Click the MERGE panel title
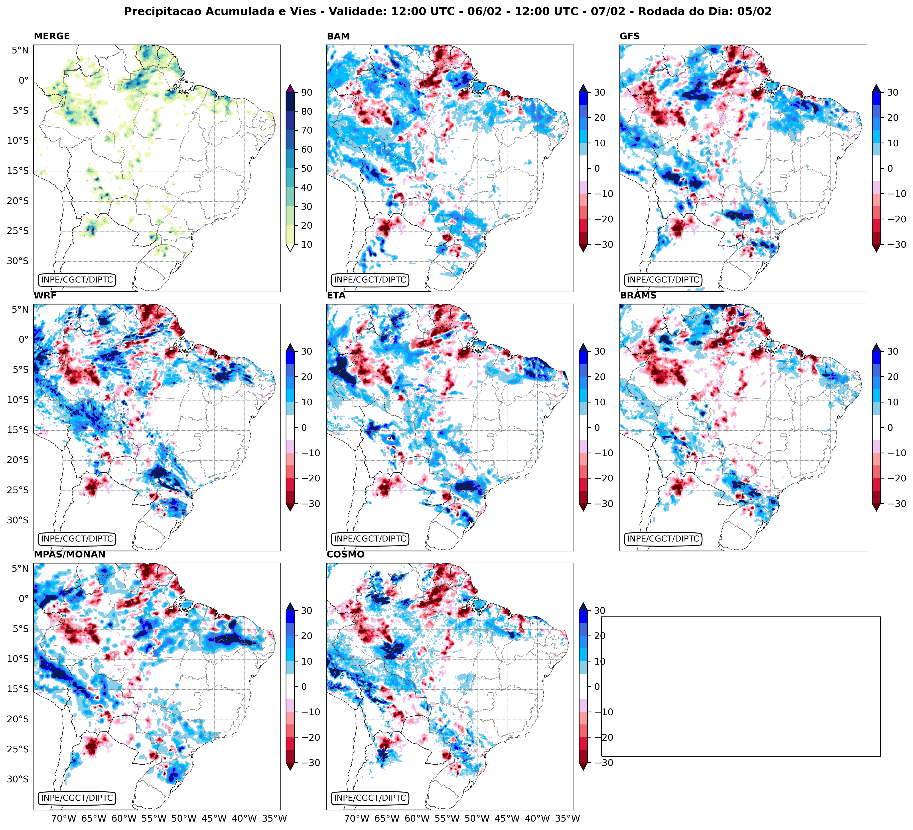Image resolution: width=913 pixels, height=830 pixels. tap(52, 36)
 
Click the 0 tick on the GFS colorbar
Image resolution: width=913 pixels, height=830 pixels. tap(890, 168)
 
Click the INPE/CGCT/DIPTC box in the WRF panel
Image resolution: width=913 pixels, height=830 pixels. tap(77, 539)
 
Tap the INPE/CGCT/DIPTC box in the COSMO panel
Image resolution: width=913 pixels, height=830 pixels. tap(370, 798)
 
